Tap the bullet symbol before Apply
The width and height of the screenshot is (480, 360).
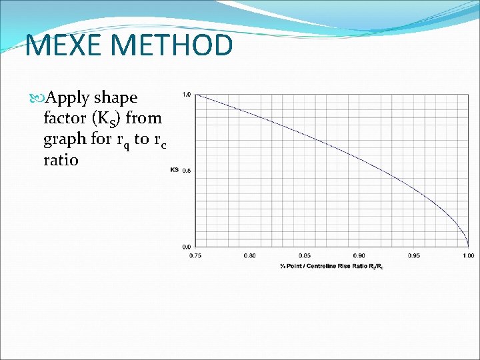(37, 98)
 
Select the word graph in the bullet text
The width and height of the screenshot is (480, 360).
(65, 140)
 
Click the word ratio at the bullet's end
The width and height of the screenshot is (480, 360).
(61, 160)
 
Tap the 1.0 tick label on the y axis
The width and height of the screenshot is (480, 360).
(187, 95)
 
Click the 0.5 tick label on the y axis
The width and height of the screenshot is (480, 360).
(187, 171)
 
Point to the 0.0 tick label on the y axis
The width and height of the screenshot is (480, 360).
(187, 246)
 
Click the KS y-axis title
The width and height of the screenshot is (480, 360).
(174, 171)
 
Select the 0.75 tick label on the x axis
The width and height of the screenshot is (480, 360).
(195, 256)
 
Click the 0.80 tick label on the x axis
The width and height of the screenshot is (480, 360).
(249, 256)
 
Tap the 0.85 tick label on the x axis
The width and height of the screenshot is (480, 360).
(304, 256)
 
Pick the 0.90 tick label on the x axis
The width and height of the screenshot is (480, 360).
(359, 256)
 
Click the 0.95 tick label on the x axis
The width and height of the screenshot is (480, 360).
(413, 256)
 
